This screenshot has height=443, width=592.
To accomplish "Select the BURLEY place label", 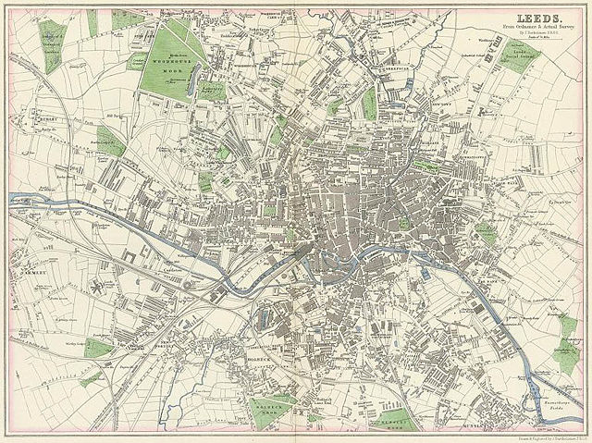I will coord(43,119).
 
